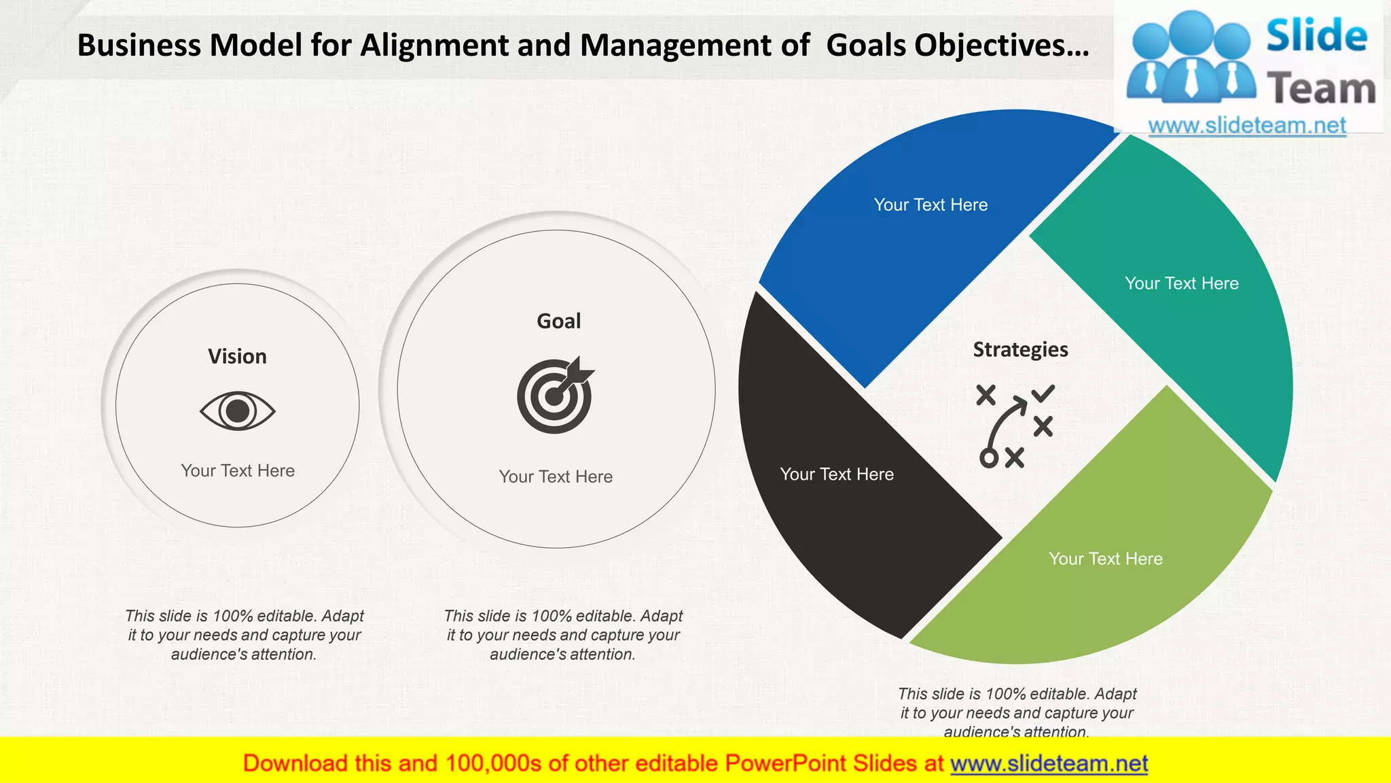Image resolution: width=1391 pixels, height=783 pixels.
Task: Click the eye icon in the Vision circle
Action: pyautogui.click(x=237, y=411)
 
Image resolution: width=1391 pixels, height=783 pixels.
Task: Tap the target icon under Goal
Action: pyautogui.click(x=555, y=396)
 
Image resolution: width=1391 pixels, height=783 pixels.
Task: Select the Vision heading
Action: pyautogui.click(x=237, y=356)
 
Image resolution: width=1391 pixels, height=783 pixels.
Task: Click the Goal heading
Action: pyautogui.click(x=558, y=321)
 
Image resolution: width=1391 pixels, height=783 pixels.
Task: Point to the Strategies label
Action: pyautogui.click(x=1020, y=349)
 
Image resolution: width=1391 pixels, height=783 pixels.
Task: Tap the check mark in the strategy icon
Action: pyautogui.click(x=1043, y=393)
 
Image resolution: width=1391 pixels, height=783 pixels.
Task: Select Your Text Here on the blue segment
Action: pyautogui.click(x=931, y=205)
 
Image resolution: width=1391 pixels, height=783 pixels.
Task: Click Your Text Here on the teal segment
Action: pyautogui.click(x=1181, y=283)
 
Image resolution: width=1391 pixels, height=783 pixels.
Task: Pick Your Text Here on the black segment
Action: pyautogui.click(x=836, y=474)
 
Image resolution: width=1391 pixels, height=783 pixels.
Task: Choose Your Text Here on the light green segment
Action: pyautogui.click(x=1105, y=559)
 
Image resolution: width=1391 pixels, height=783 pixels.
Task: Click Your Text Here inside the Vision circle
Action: pyautogui.click(x=237, y=470)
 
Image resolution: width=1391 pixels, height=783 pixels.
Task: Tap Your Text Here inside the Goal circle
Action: pyautogui.click(x=556, y=476)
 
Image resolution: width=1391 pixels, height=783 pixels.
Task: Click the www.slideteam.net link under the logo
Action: pyautogui.click(x=1246, y=126)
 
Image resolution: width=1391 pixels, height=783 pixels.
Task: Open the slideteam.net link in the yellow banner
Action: pyautogui.click(x=1049, y=764)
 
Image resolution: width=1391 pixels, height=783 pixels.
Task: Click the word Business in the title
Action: pyautogui.click(x=139, y=46)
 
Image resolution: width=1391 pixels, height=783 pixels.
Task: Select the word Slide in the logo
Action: pyautogui.click(x=1316, y=36)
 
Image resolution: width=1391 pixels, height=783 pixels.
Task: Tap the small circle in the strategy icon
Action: pyautogui.click(x=988, y=459)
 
